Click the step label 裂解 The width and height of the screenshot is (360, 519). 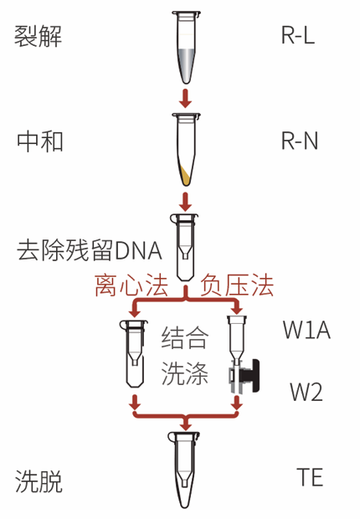pyautogui.click(x=39, y=38)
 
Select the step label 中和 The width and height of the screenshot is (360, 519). pyautogui.click(x=39, y=141)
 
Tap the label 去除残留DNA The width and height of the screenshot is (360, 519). pyautogui.click(x=89, y=250)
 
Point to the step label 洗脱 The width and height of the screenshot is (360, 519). pyautogui.click(x=39, y=481)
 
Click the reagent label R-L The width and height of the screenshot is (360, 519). pyautogui.click(x=298, y=38)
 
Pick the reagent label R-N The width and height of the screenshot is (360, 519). pyautogui.click(x=299, y=141)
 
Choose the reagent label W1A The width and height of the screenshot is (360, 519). pyautogui.click(x=306, y=331)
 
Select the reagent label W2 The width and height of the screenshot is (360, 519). pyautogui.click(x=306, y=391)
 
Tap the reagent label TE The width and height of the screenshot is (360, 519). pyautogui.click(x=310, y=478)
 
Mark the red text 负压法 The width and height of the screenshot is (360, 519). pyautogui.click(x=237, y=287)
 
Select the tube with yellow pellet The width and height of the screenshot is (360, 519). pyautogui.click(x=189, y=151)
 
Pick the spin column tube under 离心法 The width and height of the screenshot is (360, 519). pyautogui.click(x=133, y=357)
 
